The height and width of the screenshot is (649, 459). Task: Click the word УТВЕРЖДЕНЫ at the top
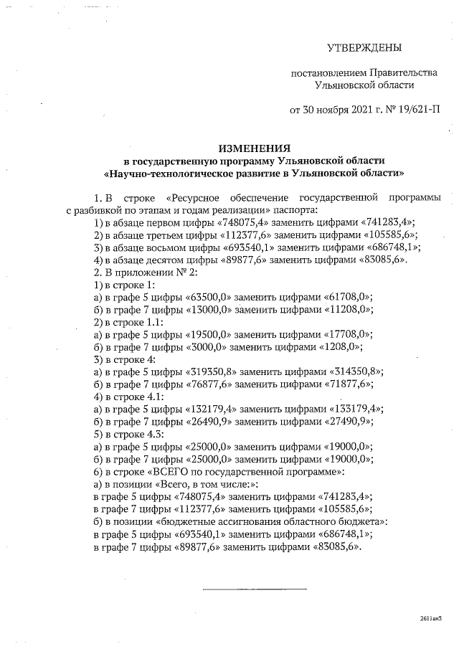coord(364,48)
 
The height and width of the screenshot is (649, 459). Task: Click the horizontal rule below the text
coord(255,589)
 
